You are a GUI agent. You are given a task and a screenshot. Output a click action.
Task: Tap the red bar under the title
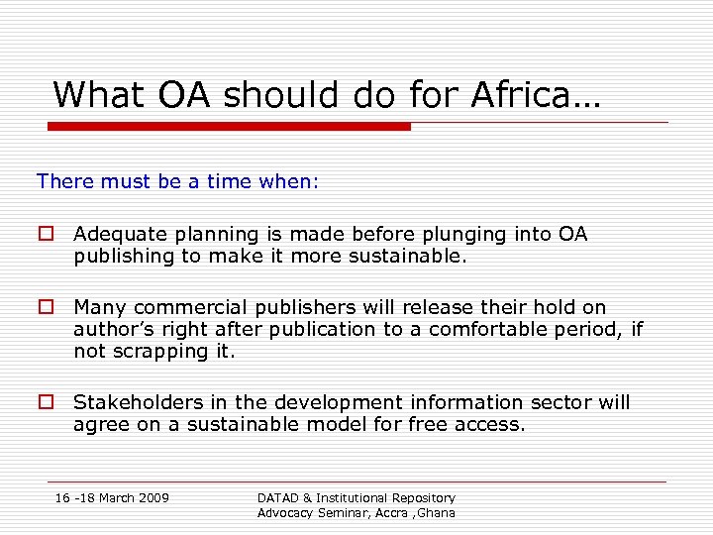coord(230,126)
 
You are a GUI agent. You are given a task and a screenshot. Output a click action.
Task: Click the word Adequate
coord(119,235)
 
